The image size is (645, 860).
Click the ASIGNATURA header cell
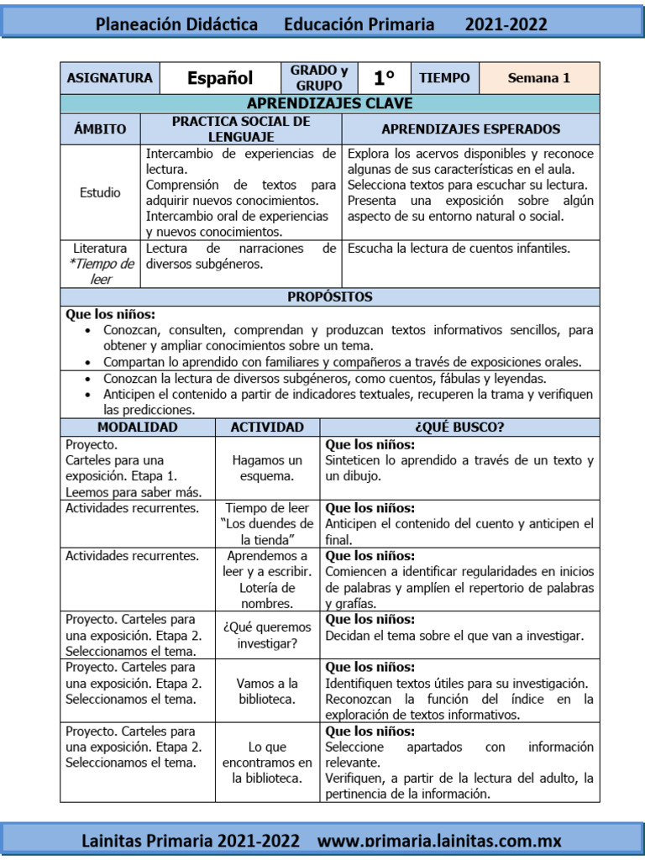109,78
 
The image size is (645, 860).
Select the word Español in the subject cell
220,78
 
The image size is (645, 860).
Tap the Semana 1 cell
538,78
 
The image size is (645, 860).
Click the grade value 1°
384,78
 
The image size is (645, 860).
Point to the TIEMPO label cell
444,78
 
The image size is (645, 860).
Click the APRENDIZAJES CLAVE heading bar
329,103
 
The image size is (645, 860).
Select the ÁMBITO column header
100,129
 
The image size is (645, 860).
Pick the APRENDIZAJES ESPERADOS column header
470,129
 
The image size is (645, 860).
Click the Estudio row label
100,192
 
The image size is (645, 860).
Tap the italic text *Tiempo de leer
101,272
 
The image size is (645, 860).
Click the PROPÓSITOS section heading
329,296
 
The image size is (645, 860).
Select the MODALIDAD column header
138,427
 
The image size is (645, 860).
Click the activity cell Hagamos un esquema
267,468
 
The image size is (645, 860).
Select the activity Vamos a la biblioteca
267,691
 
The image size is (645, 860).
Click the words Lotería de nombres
267,595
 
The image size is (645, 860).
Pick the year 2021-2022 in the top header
506,24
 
